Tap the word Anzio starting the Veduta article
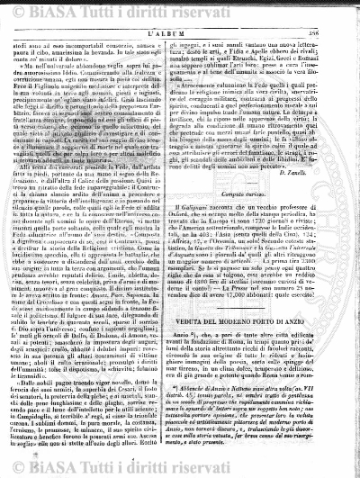206,358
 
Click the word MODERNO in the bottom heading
235,346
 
